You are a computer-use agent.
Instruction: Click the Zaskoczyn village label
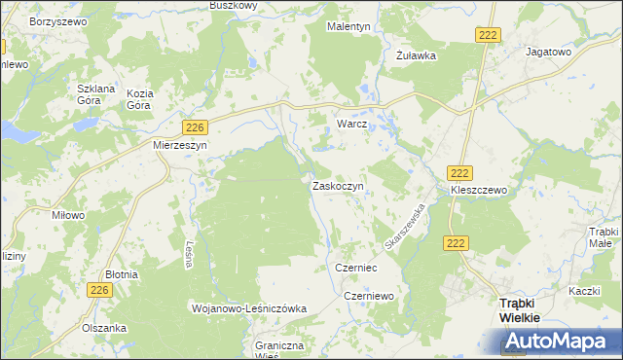tap(338, 186)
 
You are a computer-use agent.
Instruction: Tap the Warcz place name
tap(351, 126)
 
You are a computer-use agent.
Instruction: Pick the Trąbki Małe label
tap(604, 236)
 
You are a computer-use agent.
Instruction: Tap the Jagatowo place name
tap(546, 52)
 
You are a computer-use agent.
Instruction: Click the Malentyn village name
tap(348, 27)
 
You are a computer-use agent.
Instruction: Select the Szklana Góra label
tap(96, 93)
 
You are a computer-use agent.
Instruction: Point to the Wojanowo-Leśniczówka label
tap(250, 308)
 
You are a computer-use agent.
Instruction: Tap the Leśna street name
tap(186, 254)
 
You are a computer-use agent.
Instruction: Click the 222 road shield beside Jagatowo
tap(489, 35)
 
